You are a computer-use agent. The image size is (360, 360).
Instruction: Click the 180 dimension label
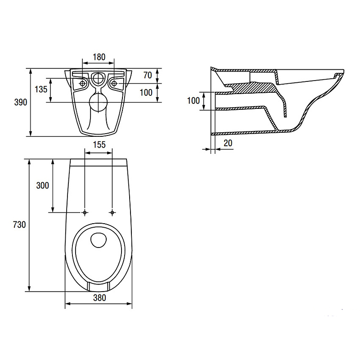tap(99, 57)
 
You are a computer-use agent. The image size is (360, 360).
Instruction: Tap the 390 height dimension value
tap(21, 102)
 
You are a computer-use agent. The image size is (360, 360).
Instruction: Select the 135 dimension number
tap(41, 89)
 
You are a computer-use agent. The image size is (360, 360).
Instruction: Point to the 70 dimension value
tap(148, 75)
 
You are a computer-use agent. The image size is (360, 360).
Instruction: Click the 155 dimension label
tap(99, 144)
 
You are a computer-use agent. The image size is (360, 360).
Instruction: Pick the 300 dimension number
tap(42, 185)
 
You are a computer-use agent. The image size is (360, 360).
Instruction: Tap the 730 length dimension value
tap(19, 225)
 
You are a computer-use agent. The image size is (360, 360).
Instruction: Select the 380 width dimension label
tap(99, 298)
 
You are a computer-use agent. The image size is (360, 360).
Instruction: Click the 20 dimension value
tap(228, 143)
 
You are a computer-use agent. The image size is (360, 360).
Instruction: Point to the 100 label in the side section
tap(193, 100)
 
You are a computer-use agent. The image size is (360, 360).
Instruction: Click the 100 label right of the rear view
tap(146, 93)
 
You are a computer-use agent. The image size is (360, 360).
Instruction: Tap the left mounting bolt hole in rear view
tap(82, 84)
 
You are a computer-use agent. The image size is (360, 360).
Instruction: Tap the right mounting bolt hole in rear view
tap(114, 84)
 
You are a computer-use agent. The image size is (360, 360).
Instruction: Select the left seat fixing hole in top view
tap(85, 212)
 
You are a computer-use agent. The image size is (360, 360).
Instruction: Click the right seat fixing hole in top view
tap(112, 212)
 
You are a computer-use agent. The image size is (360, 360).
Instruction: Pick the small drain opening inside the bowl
tap(99, 240)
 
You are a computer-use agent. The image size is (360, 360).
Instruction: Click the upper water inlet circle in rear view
tap(99, 78)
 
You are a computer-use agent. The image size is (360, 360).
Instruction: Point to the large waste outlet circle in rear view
tap(98, 103)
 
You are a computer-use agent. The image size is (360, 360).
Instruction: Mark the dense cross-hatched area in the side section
tap(252, 88)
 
